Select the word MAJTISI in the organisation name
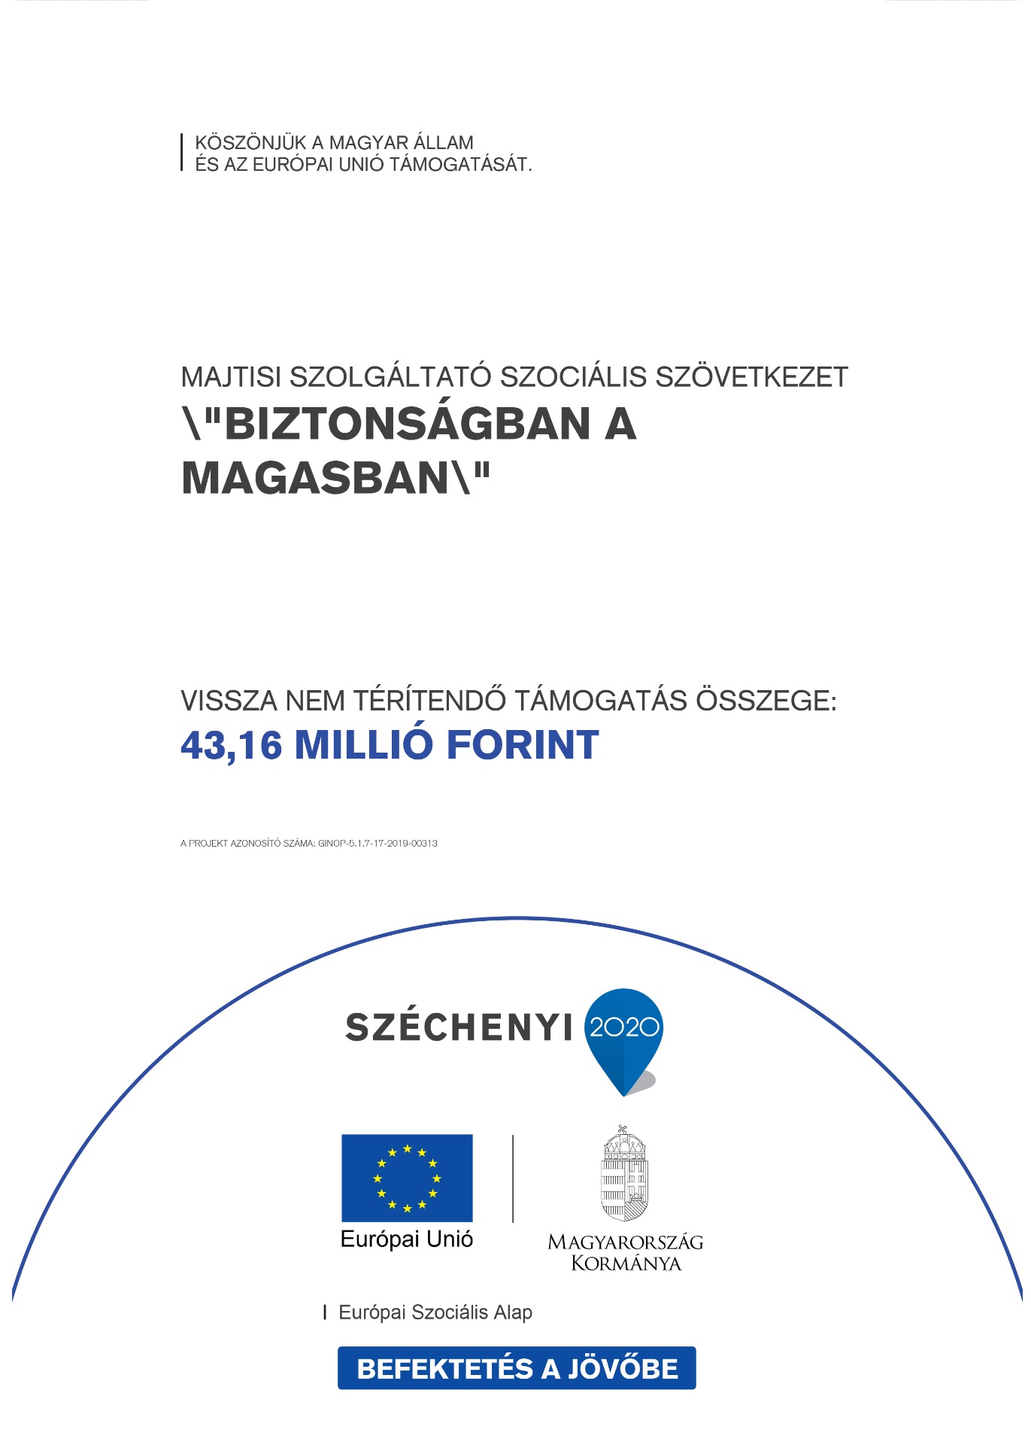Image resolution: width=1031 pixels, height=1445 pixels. (x=230, y=377)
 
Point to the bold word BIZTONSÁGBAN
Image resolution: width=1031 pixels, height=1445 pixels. (x=406, y=424)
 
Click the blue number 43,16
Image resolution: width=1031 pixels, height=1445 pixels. (x=232, y=746)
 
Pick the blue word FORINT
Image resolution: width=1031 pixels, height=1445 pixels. (x=523, y=746)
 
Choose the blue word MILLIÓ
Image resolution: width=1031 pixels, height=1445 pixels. (x=364, y=746)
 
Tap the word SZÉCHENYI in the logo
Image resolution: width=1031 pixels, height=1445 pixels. (x=459, y=1027)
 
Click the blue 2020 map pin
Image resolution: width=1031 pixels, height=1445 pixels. (x=623, y=1035)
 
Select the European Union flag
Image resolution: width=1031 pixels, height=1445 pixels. (x=407, y=1178)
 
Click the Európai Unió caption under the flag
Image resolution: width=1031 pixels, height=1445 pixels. (x=407, y=1240)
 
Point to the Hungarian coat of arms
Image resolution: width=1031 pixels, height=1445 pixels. (x=623, y=1174)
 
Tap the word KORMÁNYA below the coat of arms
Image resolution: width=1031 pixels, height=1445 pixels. (x=626, y=1264)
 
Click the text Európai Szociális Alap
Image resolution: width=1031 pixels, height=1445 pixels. (x=435, y=1313)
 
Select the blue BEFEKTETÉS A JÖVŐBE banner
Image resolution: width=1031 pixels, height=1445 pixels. (x=517, y=1368)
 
